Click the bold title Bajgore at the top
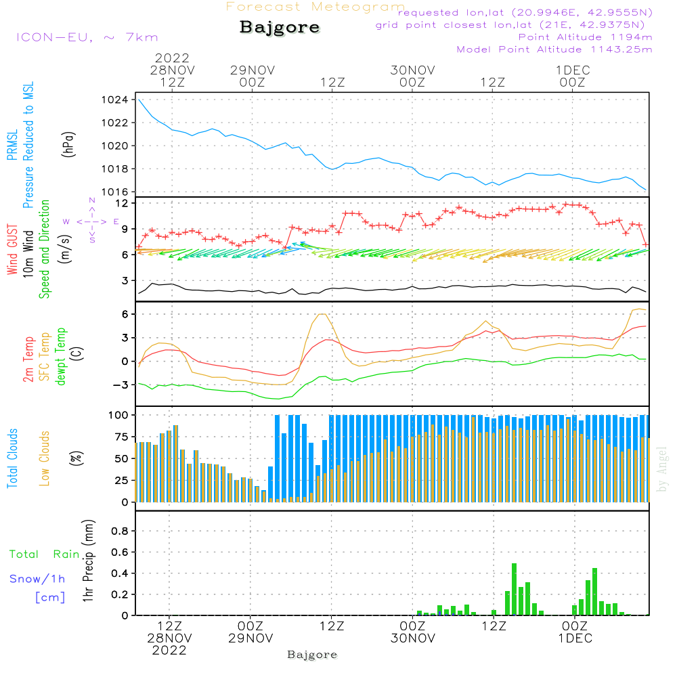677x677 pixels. pyautogui.click(x=280, y=28)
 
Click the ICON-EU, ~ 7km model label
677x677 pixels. pyautogui.click(x=87, y=37)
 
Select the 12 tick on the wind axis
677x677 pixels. pyautogui.click(x=122, y=203)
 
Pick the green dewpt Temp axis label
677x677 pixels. pyautogui.click(x=61, y=357)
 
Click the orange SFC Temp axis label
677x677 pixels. pyautogui.click(x=45, y=357)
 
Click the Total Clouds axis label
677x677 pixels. pyautogui.click(x=12, y=458)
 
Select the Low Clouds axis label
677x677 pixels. pyautogui.click(x=45, y=458)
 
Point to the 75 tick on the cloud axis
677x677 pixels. pyautogui.click(x=120, y=437)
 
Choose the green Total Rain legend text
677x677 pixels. pyautogui.click(x=45, y=554)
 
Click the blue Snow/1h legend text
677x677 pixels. pyautogui.click(x=37, y=579)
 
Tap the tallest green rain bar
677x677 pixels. pyautogui.click(x=515, y=589)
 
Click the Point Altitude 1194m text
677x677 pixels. pyautogui.click(x=585, y=37)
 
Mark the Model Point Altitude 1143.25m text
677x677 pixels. pyautogui.click(x=554, y=49)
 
